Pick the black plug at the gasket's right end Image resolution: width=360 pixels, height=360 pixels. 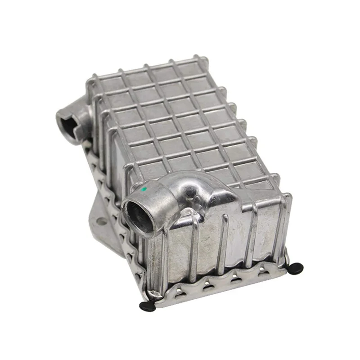click(296, 269)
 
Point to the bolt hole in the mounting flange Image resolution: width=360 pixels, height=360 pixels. click(102, 221)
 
